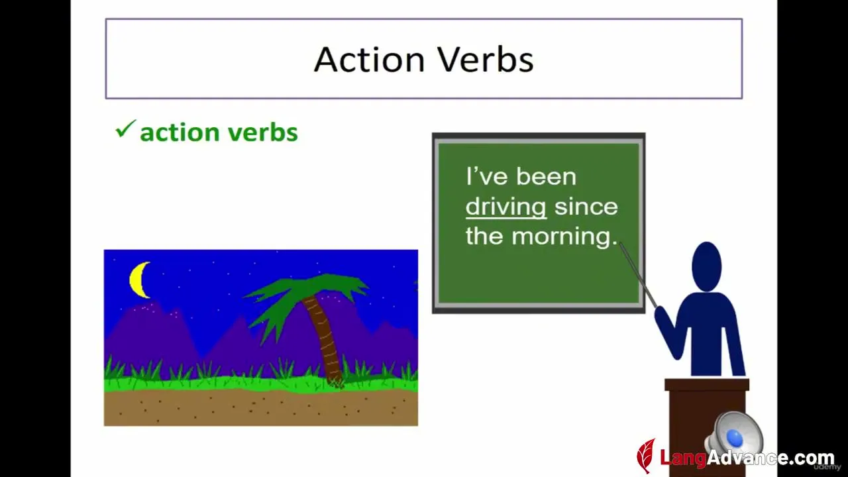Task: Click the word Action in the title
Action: tap(370, 60)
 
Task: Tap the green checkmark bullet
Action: tap(125, 129)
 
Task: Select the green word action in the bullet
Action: tap(180, 133)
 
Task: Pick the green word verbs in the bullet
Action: tap(264, 132)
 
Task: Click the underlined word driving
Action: tap(505, 208)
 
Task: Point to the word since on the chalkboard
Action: tap(586, 206)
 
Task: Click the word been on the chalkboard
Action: tap(546, 176)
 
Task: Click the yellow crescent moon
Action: tap(138, 280)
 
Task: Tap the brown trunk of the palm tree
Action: tap(323, 337)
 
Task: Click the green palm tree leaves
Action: tap(303, 299)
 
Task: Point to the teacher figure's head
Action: tap(706, 266)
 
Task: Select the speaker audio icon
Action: tap(735, 435)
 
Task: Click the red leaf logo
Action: tap(646, 456)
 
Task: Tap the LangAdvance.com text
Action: tap(747, 458)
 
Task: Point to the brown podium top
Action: tap(707, 385)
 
